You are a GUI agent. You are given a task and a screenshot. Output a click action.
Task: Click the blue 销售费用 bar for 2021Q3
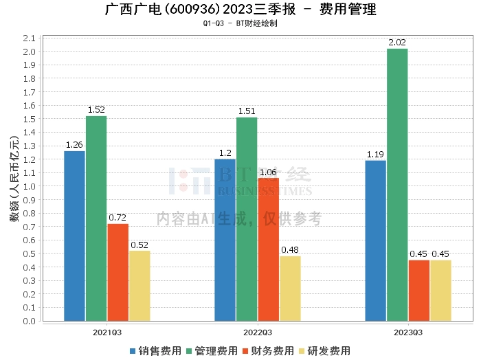(74, 236)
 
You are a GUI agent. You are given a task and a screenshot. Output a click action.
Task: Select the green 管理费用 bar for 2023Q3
(397, 185)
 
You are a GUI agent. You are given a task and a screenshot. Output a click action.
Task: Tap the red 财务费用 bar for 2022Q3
(269, 249)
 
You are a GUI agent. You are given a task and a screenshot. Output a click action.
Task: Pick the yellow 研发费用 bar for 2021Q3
(139, 286)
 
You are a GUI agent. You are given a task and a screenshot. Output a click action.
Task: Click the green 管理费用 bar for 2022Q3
(247, 219)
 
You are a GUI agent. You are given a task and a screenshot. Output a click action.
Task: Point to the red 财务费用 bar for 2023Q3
(418, 291)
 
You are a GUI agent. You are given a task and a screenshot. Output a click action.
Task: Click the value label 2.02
(397, 43)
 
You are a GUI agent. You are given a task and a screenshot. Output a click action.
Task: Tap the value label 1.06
(269, 172)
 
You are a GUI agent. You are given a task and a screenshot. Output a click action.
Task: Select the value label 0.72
(118, 218)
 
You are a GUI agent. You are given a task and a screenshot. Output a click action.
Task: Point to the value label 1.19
(375, 155)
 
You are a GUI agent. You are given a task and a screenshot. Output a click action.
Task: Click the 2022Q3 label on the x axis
(257, 332)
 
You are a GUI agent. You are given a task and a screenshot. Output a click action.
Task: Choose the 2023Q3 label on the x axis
(407, 332)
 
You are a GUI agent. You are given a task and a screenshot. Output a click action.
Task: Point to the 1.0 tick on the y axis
(29, 186)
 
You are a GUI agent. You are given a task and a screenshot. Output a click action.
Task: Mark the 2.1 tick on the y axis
(29, 38)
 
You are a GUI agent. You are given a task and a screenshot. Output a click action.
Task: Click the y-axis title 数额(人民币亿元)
(14, 179)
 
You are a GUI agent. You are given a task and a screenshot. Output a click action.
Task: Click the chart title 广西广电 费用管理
(240, 10)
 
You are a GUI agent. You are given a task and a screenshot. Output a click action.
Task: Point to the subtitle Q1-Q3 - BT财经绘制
(240, 23)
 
